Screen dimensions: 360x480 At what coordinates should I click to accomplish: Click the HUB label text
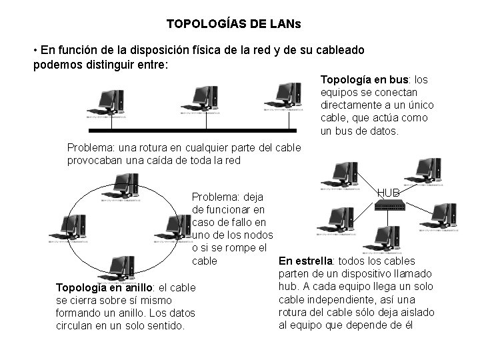388,192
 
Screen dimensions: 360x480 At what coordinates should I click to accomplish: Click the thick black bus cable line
200,131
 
